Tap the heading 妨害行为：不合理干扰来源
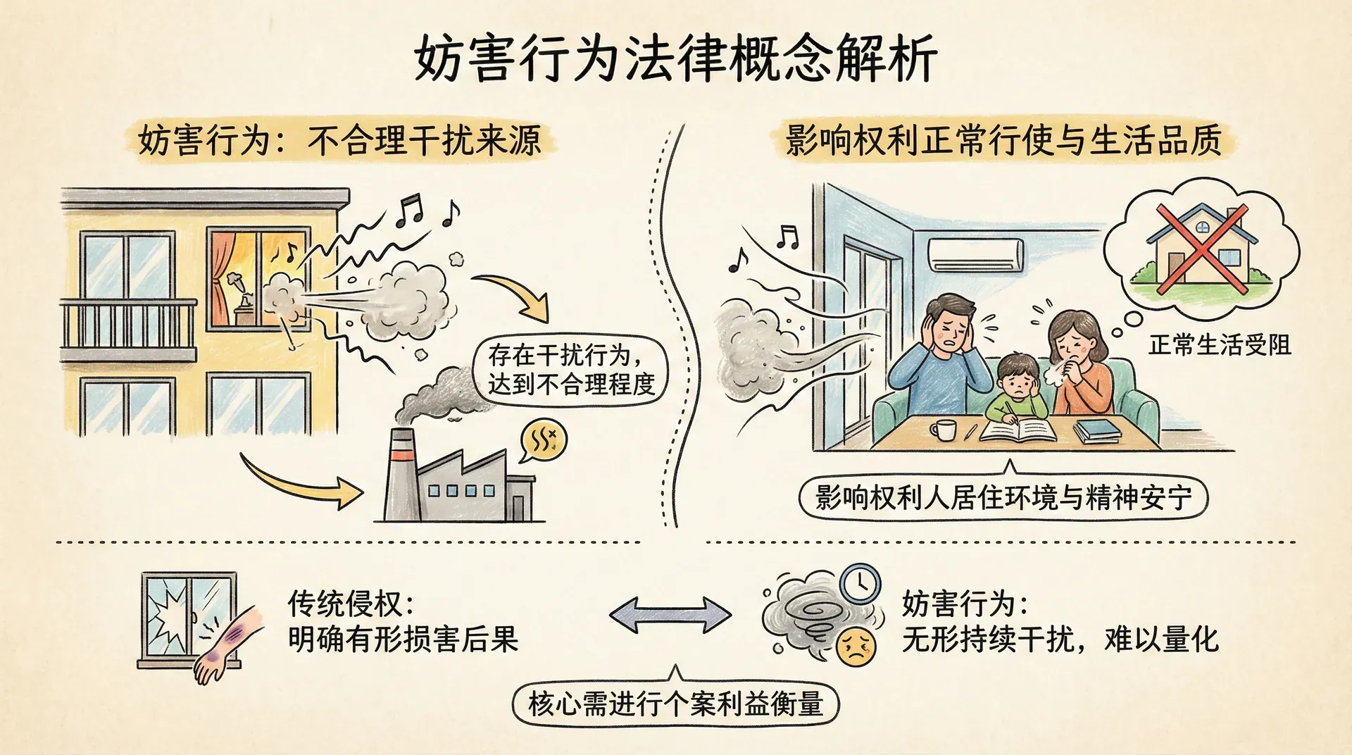pyautogui.click(x=339, y=140)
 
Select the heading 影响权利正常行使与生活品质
pyautogui.click(x=1003, y=140)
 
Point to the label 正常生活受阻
pyautogui.click(x=1220, y=345)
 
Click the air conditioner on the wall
pyautogui.click(x=975, y=255)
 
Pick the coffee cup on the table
pyautogui.click(x=943, y=429)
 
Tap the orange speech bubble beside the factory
pyautogui.click(x=543, y=440)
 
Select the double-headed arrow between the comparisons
pyautogui.click(x=670, y=614)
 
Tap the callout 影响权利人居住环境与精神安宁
pyautogui.click(x=1003, y=498)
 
